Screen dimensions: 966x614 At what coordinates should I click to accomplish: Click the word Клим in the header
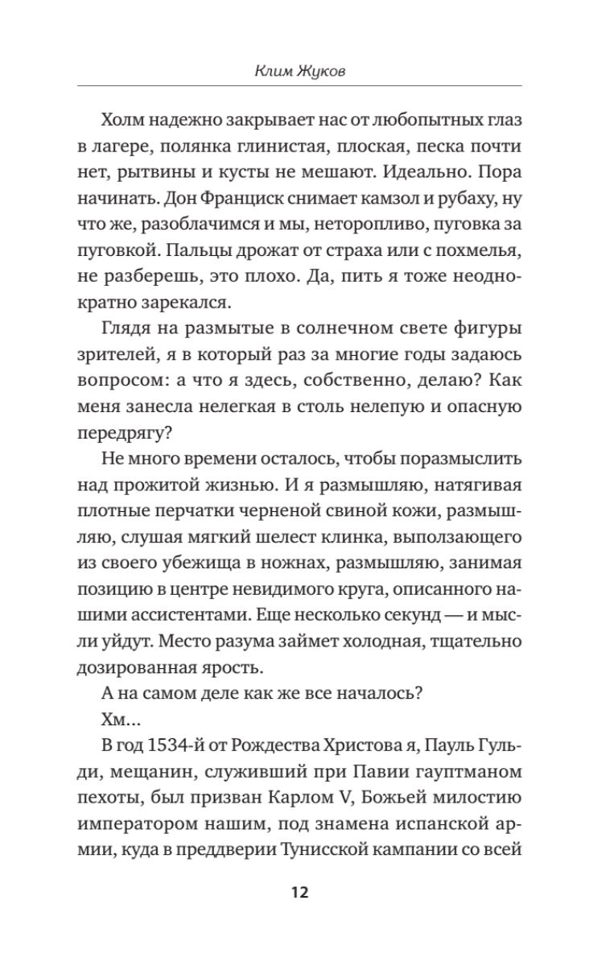[x=271, y=72]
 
